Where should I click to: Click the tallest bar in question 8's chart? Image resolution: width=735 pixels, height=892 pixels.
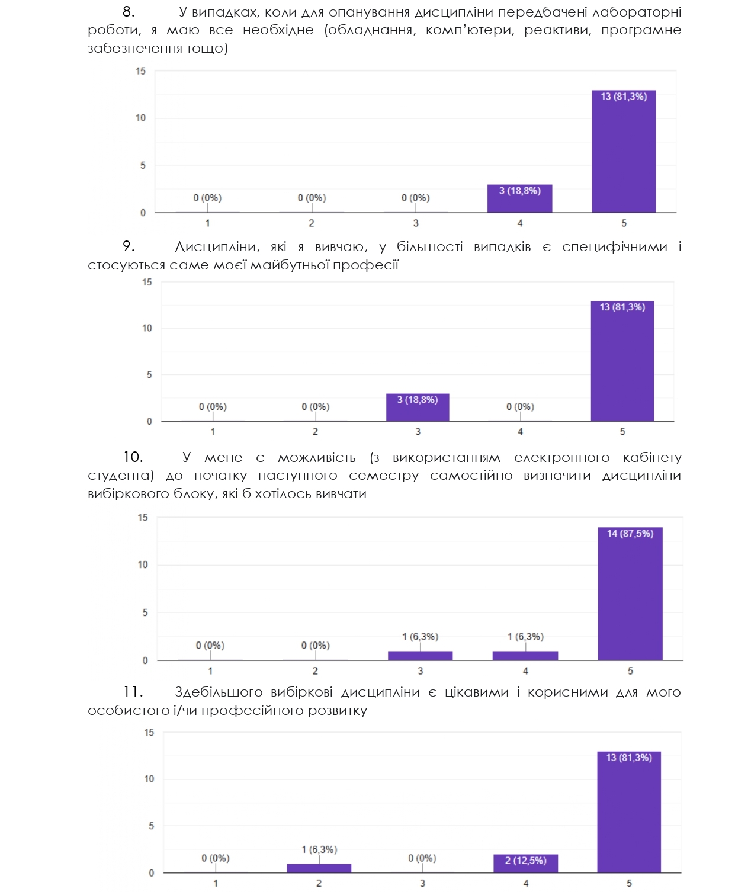pos(624,152)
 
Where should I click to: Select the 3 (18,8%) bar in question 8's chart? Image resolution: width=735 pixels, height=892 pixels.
pos(519,199)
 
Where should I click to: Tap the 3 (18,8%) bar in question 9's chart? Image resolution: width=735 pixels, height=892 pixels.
pos(418,408)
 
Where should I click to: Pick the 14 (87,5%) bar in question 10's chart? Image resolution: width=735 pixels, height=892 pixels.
pos(630,594)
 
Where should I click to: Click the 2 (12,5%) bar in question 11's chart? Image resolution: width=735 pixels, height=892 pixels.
pos(525,864)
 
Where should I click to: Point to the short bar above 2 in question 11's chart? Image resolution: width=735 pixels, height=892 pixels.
pos(319,868)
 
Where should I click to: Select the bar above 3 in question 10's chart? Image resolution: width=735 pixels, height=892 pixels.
pos(420,656)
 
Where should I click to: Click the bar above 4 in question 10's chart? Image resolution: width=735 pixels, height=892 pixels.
pos(525,656)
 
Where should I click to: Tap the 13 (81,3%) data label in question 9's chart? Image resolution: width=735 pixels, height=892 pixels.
pos(622,307)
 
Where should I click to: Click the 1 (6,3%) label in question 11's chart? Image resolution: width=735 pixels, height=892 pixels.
pos(319,849)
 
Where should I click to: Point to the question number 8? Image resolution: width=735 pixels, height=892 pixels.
pos(129,12)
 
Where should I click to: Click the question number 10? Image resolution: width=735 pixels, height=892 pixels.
pos(133,457)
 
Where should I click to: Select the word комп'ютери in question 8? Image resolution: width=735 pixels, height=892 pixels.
pos(469,30)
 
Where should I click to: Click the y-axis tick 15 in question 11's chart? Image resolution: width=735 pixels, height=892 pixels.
pos(149,733)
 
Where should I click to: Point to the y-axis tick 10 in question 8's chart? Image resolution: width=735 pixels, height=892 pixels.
pos(140,118)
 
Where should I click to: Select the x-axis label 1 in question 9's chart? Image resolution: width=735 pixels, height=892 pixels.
pos(213,432)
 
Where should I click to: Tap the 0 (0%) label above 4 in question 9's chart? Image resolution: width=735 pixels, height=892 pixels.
pos(520,407)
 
